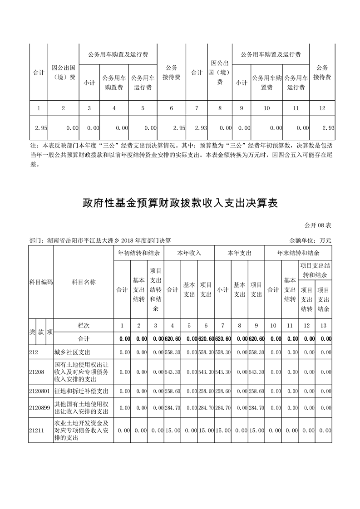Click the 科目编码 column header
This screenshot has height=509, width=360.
(x=41, y=282)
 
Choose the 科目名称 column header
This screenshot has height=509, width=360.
(x=84, y=282)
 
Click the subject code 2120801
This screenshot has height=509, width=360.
(x=39, y=391)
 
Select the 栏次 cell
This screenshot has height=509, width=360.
(x=84, y=325)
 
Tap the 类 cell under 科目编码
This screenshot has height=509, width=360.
(x=32, y=332)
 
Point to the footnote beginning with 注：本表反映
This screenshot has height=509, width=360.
(x=182, y=155)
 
